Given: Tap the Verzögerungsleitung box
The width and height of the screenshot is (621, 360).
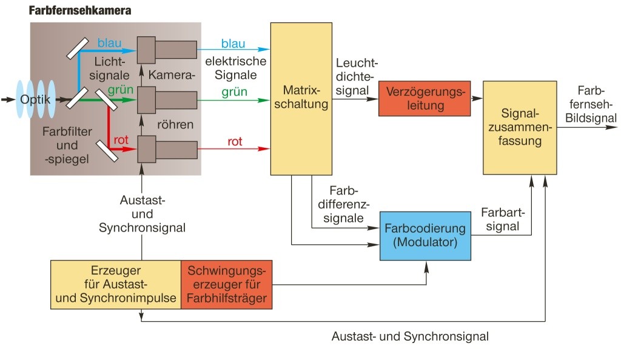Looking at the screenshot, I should click(x=424, y=98).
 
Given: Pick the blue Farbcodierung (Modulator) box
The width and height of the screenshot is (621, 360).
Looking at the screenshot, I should click(x=425, y=235).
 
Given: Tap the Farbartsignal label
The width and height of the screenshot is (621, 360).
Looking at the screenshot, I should click(x=501, y=219).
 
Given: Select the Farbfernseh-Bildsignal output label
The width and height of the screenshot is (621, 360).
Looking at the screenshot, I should click(x=591, y=104).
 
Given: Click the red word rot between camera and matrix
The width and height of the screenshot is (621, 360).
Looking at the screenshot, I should click(x=235, y=141).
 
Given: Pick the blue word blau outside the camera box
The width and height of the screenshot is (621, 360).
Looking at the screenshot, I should click(x=233, y=44).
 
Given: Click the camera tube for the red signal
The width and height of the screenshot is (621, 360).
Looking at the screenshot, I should click(x=167, y=148).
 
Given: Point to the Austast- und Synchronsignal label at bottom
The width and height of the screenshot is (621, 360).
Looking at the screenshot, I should click(x=410, y=336).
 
